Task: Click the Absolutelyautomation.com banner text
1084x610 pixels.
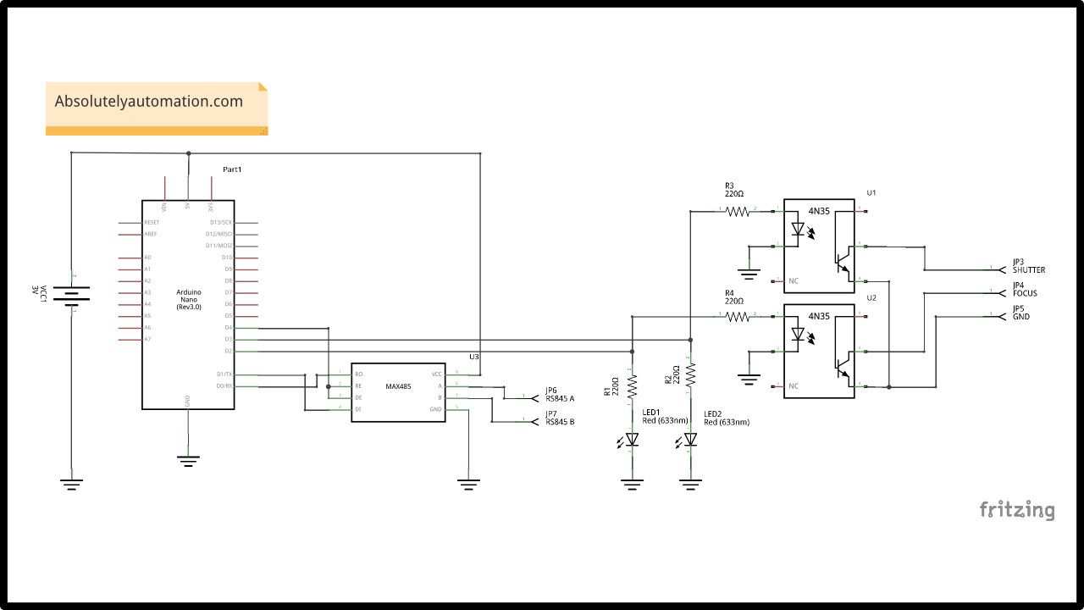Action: pos(149,102)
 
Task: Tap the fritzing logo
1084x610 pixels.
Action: pos(1017,510)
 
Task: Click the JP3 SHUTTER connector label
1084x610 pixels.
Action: pos(1028,266)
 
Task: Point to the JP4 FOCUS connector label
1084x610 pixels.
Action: pos(1025,290)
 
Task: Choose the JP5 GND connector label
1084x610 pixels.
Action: pos(1021,313)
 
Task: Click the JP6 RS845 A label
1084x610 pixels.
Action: pos(560,394)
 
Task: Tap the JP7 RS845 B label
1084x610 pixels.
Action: pos(560,418)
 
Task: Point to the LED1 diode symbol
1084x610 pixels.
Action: pos(632,439)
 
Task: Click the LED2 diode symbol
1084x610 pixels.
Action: pos(691,439)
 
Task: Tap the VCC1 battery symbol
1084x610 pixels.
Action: pos(71,294)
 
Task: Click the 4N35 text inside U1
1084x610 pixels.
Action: pos(819,211)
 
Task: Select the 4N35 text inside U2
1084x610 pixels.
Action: pos(819,316)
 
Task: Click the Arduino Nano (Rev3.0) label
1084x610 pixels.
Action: pos(188,299)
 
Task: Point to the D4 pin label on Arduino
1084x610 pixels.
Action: pos(228,327)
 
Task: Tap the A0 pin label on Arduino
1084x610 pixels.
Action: pos(148,258)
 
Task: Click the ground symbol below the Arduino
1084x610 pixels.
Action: pos(188,460)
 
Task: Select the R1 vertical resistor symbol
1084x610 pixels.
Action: pos(632,386)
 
